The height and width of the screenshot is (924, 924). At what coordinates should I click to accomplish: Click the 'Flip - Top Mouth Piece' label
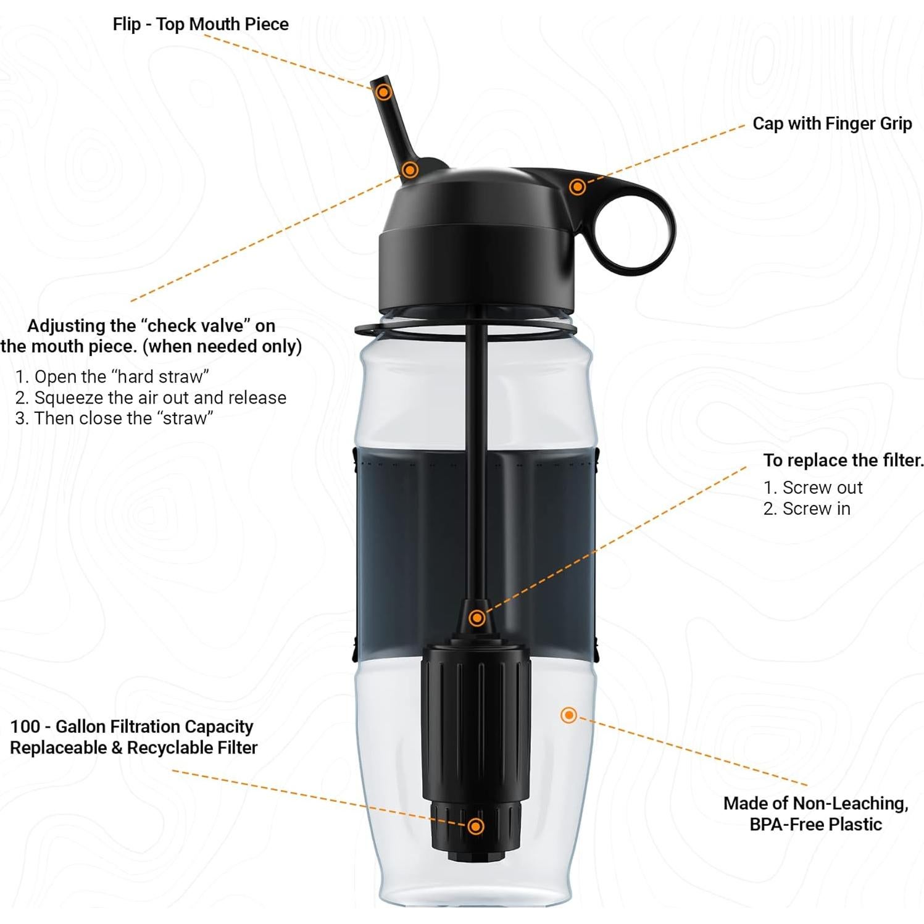201,24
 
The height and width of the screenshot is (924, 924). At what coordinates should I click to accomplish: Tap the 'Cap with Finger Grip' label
831,123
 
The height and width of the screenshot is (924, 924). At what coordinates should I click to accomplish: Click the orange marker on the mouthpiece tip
384,93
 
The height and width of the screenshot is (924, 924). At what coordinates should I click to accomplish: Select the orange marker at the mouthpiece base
409,170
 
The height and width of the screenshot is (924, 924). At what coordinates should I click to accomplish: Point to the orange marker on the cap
577,186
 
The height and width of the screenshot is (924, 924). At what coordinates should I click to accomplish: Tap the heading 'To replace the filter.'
843,460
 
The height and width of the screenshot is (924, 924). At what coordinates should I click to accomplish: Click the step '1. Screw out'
813,488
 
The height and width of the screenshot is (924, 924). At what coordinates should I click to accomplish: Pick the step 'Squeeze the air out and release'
151,397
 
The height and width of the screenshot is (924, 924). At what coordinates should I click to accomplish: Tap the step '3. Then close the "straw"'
114,418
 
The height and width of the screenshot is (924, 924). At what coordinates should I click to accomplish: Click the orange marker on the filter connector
477,618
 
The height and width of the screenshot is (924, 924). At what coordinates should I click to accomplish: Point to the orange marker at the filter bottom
475,826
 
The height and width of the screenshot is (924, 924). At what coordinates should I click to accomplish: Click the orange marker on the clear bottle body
568,715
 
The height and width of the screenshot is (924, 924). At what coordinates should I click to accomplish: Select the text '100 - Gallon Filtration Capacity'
132,726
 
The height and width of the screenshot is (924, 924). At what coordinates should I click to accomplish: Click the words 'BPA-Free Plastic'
815,824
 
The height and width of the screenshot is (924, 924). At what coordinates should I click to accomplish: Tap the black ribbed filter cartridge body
475,722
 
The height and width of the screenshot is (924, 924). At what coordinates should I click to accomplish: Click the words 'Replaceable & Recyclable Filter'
133,747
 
